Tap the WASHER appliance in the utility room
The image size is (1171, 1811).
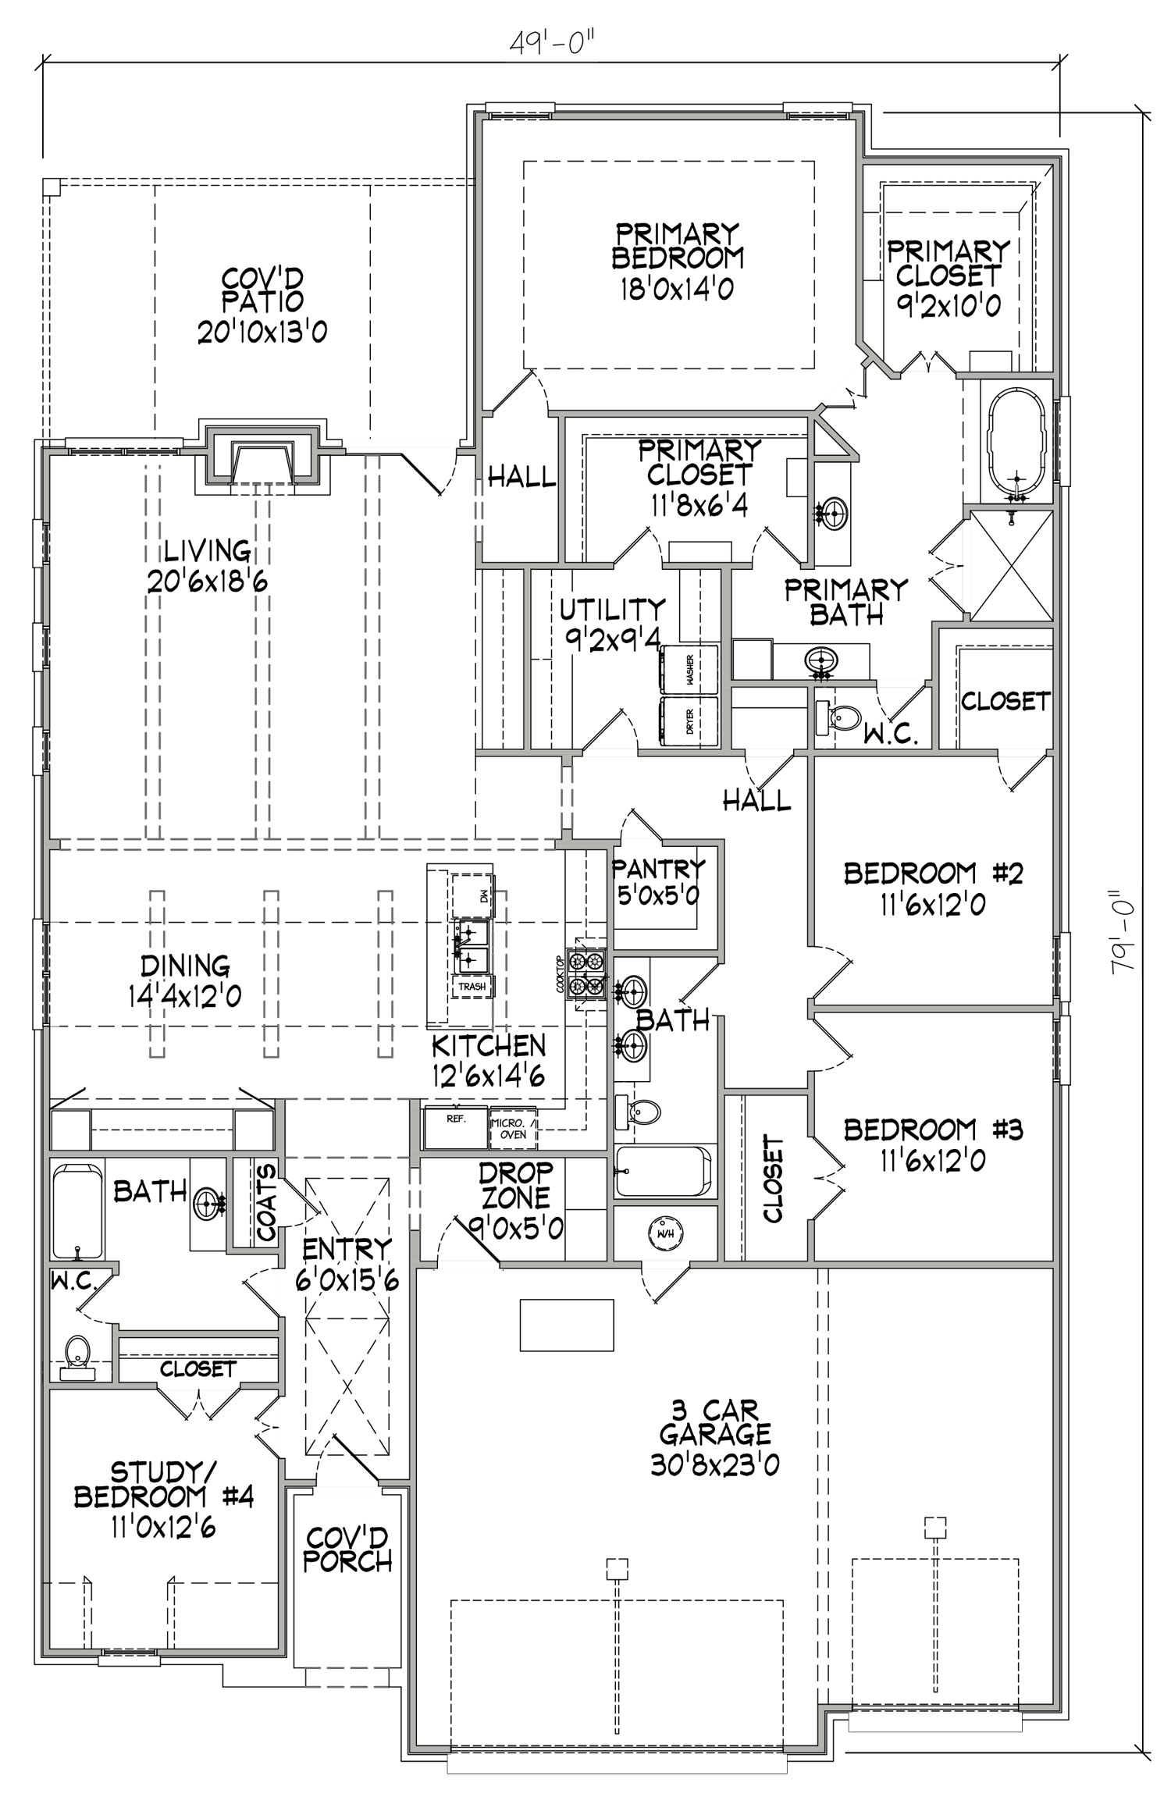coord(689,669)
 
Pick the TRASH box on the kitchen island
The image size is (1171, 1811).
coord(472,987)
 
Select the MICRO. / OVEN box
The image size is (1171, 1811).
coord(513,1129)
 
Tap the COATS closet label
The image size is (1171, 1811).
coord(267,1203)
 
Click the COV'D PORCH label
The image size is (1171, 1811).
coord(347,1549)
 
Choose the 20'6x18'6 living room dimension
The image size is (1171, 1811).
coord(208,581)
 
